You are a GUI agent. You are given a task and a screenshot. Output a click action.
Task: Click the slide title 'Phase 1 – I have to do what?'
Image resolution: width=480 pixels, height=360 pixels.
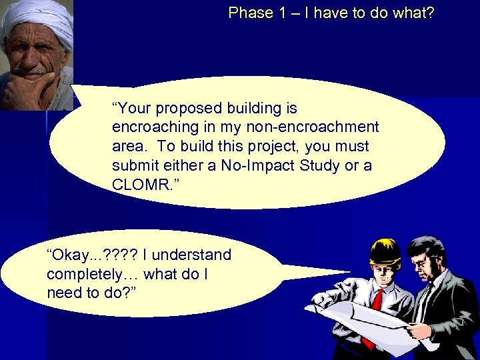click(x=331, y=13)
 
